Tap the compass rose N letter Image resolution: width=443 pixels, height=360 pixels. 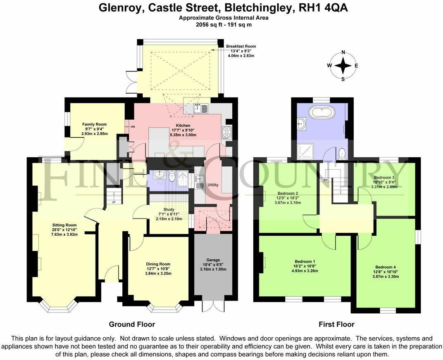coord(343,52)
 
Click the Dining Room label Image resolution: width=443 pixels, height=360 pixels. coord(158,264)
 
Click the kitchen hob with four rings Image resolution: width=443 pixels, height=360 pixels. coord(227,132)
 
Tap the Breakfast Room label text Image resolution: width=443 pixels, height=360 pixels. coord(241,46)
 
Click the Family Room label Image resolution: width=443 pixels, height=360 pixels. coord(94,124)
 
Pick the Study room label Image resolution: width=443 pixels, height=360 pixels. coord(169,209)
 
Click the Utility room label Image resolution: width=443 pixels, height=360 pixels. coord(213,185)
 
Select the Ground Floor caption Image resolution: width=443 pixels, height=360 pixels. coord(132,324)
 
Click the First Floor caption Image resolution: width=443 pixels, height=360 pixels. coord(336,324)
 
